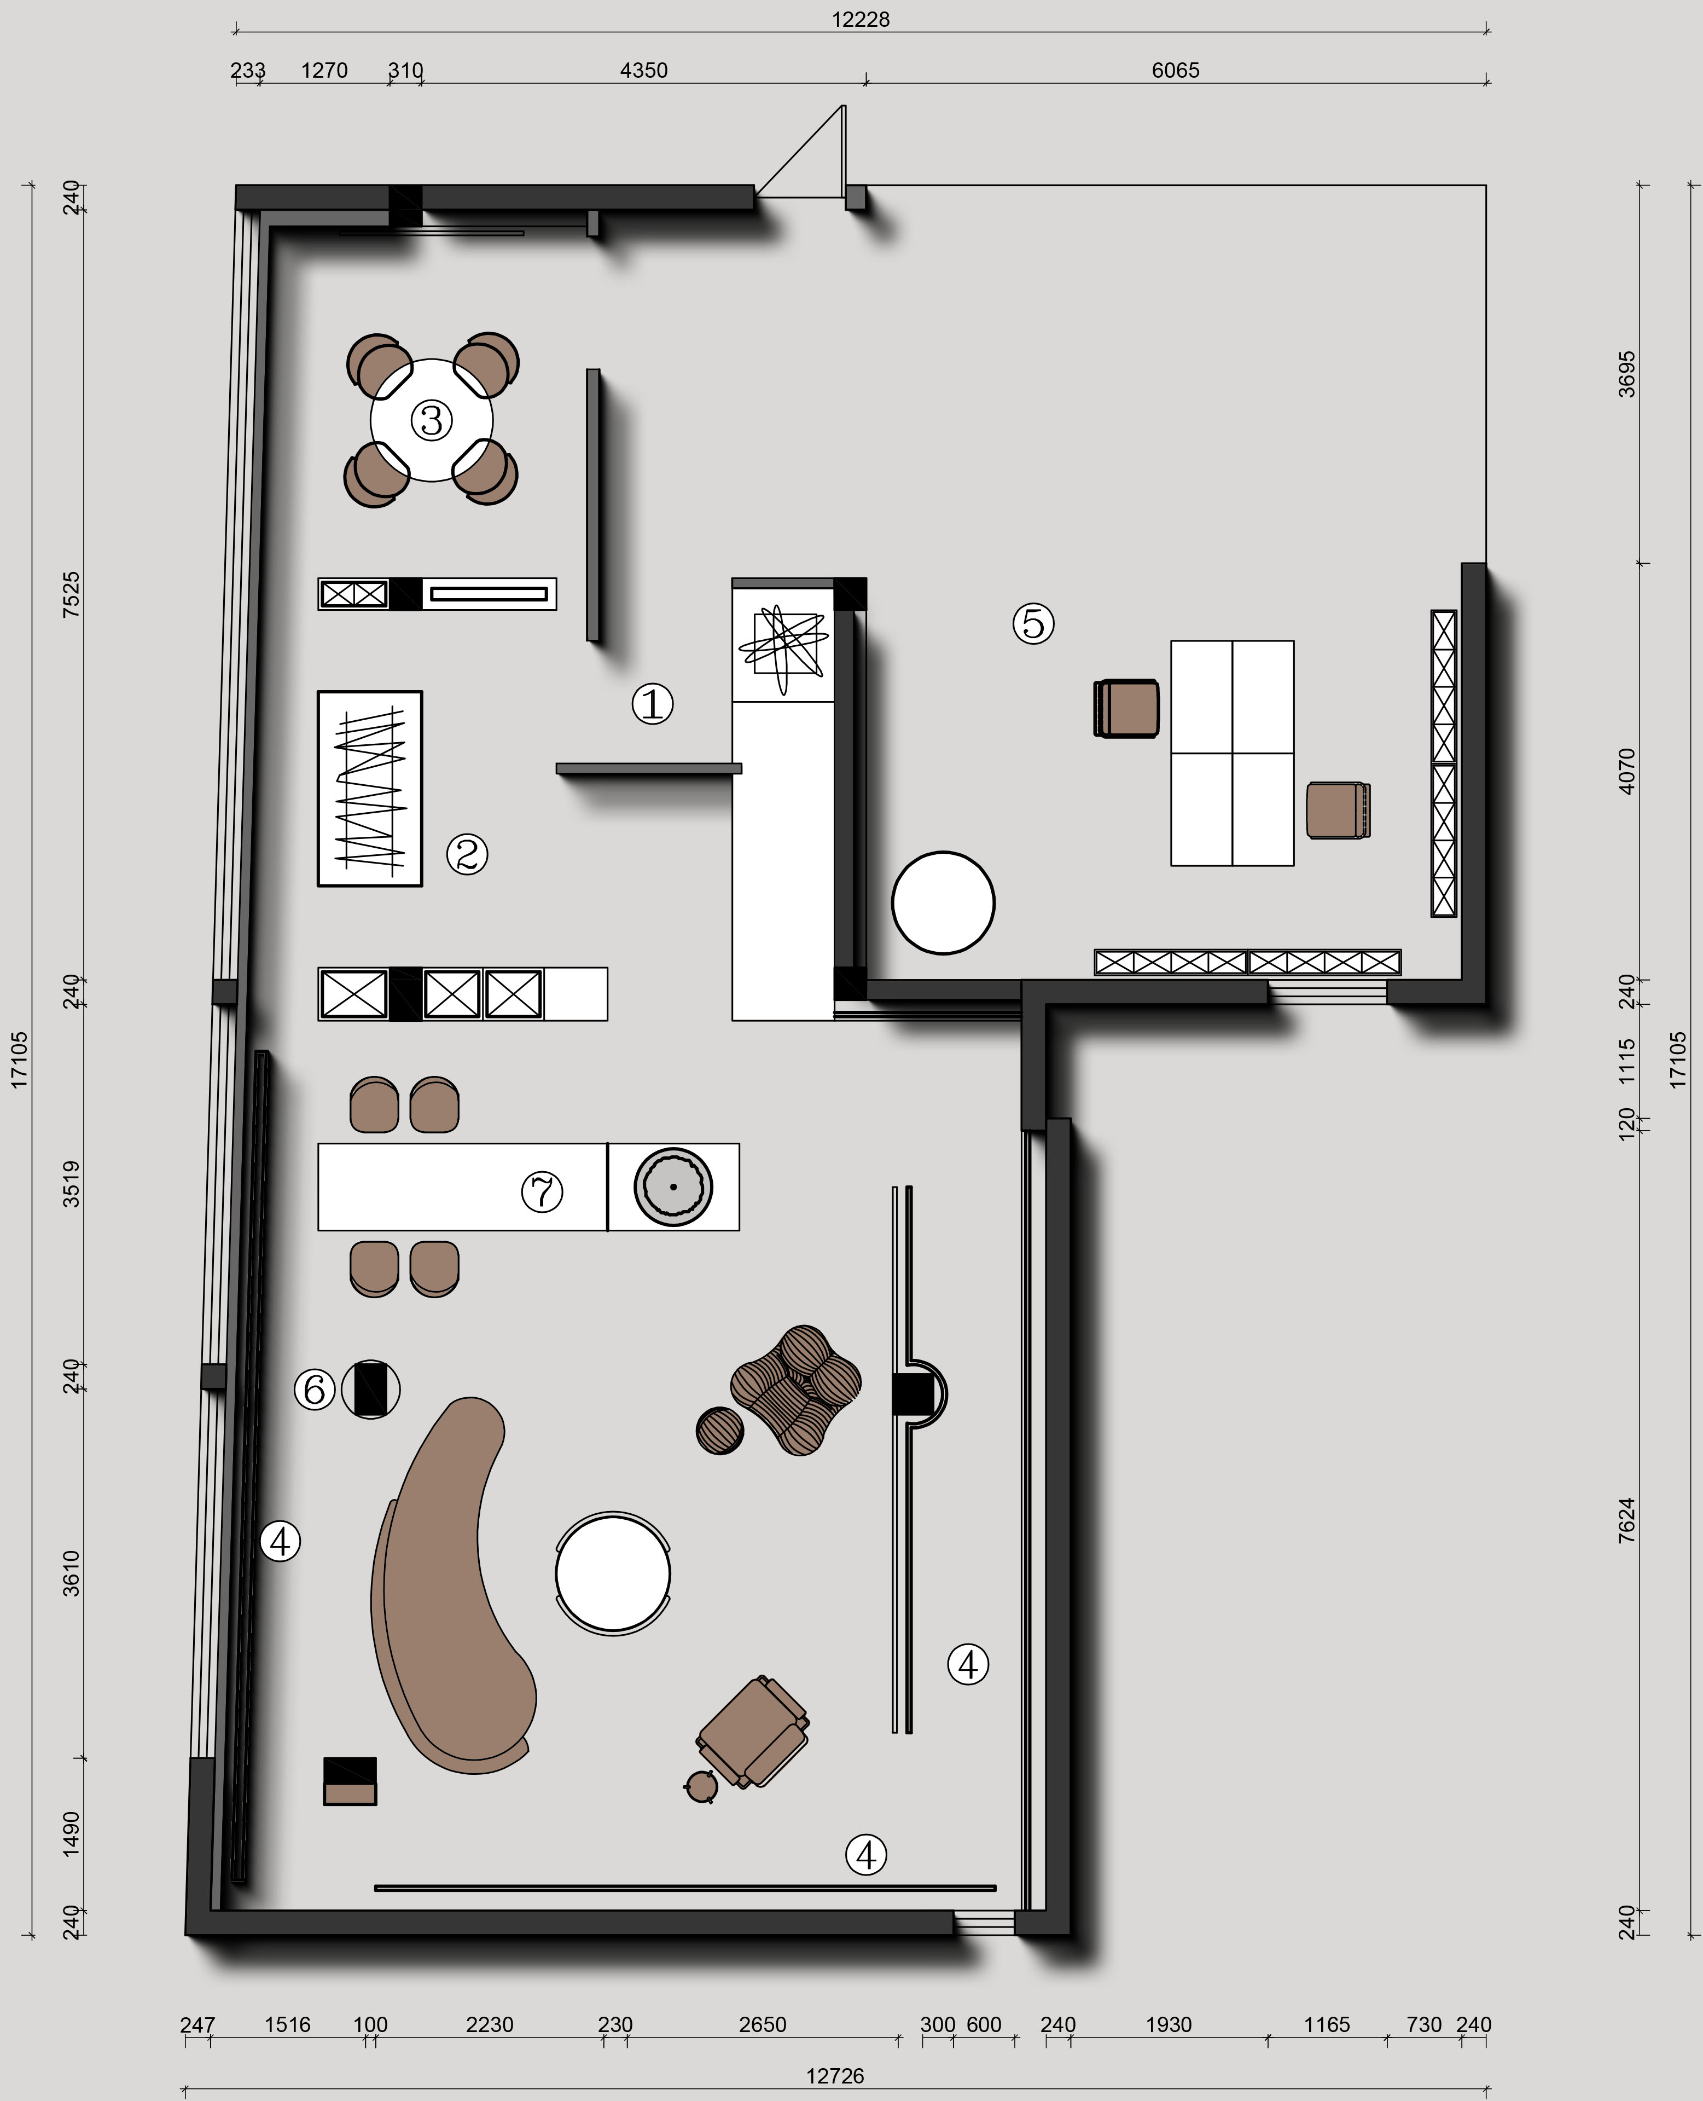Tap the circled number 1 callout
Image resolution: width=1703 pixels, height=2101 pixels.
point(652,704)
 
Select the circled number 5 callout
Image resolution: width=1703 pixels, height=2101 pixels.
point(1033,623)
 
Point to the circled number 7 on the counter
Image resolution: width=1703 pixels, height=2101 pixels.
point(542,1193)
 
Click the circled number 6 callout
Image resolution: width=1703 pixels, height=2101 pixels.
point(315,1390)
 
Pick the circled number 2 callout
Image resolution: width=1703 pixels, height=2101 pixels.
point(467,854)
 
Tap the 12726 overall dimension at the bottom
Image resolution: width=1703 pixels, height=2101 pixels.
point(835,2075)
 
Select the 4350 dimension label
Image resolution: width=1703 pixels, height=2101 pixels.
point(643,71)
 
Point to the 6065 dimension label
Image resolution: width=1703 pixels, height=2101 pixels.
point(1175,71)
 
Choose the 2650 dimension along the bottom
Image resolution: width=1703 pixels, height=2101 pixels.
point(762,2024)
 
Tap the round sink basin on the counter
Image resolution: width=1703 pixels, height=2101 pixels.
point(673,1186)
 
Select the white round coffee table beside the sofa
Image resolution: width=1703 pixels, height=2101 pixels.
point(613,1573)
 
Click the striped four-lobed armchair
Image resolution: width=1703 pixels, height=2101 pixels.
point(797,1390)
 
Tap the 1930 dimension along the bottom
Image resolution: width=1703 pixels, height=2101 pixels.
point(1169,2024)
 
